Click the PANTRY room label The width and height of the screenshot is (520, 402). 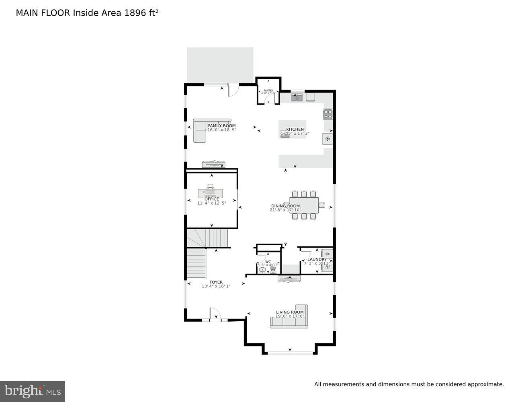click(268, 90)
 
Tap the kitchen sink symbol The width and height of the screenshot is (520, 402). click(297, 97)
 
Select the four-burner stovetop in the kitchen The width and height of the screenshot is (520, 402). click(328, 114)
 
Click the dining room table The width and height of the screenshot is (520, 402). click(304, 205)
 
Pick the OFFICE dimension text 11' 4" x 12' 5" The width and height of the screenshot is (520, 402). click(211, 203)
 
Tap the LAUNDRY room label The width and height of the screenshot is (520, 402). click(317, 260)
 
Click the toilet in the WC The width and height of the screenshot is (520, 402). click(273, 270)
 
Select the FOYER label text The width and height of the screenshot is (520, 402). click(216, 282)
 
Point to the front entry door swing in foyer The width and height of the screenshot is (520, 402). click(215, 314)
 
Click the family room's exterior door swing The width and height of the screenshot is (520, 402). click(233, 90)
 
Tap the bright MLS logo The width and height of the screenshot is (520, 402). click(32, 391)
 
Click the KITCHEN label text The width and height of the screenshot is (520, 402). click(295, 129)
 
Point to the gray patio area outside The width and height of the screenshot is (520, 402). click(220, 65)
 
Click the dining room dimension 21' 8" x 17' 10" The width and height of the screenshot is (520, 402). click(285, 210)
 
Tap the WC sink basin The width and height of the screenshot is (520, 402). click(262, 270)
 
